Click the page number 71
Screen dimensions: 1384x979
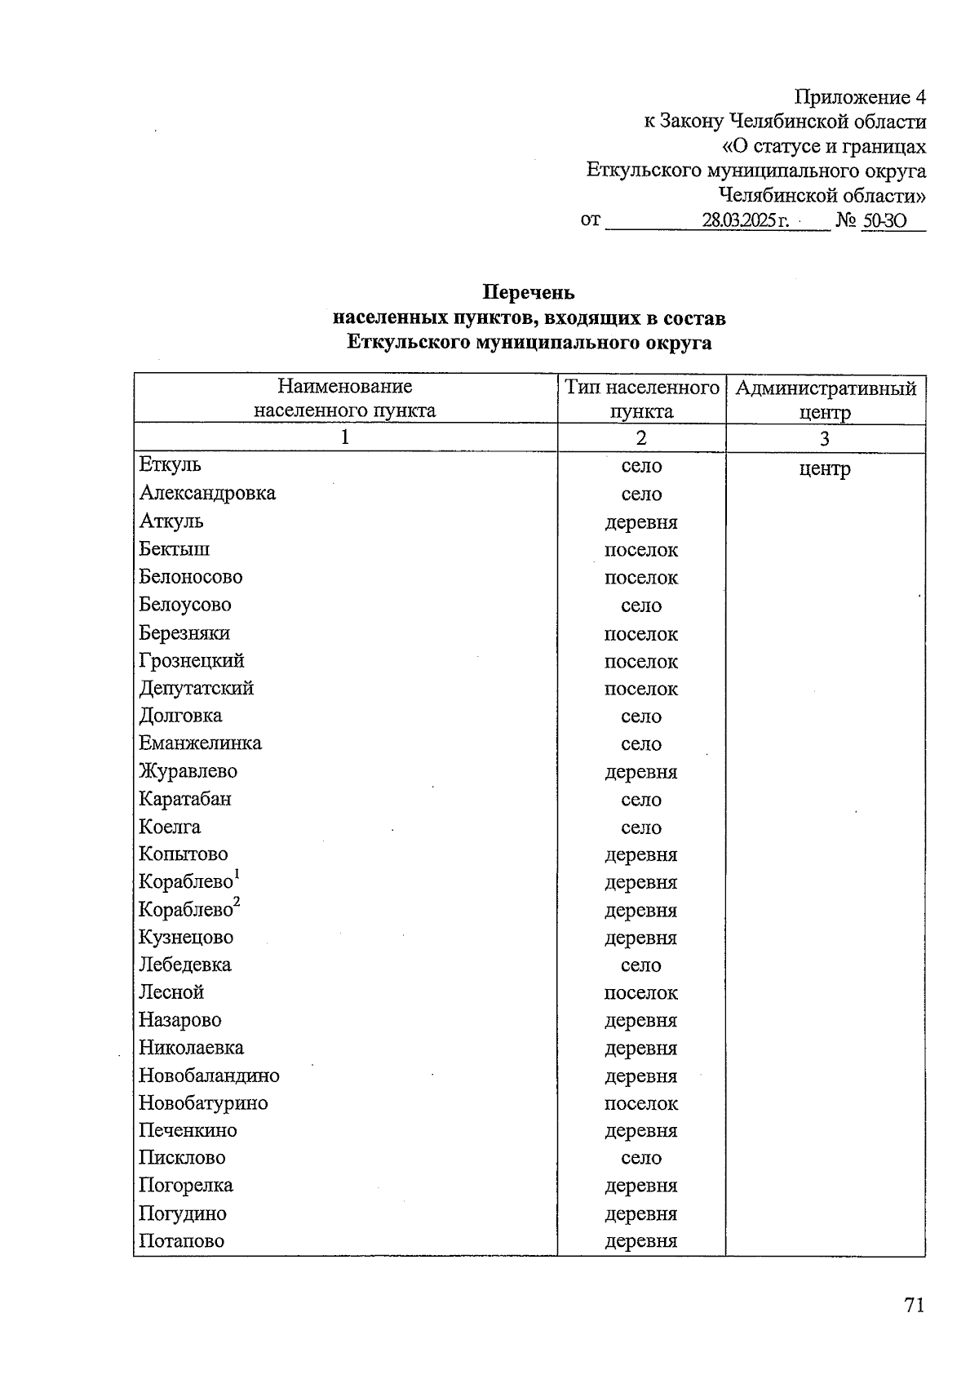click(x=914, y=1305)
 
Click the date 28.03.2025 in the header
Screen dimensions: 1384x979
click(x=745, y=220)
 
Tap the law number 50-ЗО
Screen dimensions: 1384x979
click(x=884, y=220)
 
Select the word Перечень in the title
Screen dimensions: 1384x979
click(x=529, y=292)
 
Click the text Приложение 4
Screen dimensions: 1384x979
click(x=860, y=97)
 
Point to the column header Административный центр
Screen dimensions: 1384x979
click(x=825, y=399)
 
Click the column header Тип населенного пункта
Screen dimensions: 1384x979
click(x=641, y=398)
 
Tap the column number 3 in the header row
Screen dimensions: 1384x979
click(x=825, y=439)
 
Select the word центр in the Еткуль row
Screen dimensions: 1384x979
click(x=825, y=469)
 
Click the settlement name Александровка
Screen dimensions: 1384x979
click(x=207, y=493)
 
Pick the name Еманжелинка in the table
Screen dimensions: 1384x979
click(x=200, y=743)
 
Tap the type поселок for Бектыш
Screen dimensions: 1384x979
click(x=641, y=550)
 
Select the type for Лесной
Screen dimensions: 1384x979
click(x=641, y=993)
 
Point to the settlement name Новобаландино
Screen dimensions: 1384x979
click(x=209, y=1076)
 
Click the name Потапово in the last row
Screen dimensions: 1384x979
click(x=181, y=1241)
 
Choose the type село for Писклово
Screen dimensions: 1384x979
click(x=641, y=1158)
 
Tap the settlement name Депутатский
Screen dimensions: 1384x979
click(x=196, y=688)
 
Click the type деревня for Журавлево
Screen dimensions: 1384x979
click(x=641, y=772)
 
